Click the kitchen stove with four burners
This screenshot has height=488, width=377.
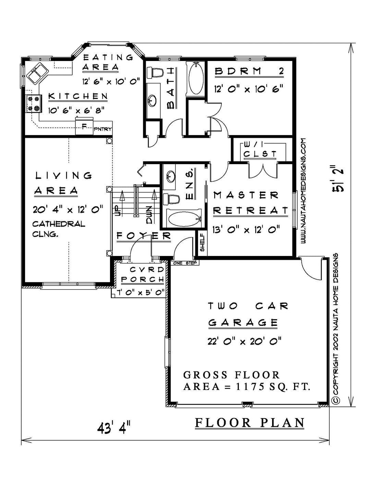click(x=34, y=103)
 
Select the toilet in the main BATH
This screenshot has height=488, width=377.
click(x=155, y=73)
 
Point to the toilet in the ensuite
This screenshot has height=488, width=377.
click(x=171, y=198)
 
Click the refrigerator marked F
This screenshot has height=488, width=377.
click(x=84, y=127)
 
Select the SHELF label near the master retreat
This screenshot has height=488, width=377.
click(x=202, y=243)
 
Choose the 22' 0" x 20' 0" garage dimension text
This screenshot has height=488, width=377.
click(x=244, y=342)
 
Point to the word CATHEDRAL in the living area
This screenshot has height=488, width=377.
click(x=59, y=224)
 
